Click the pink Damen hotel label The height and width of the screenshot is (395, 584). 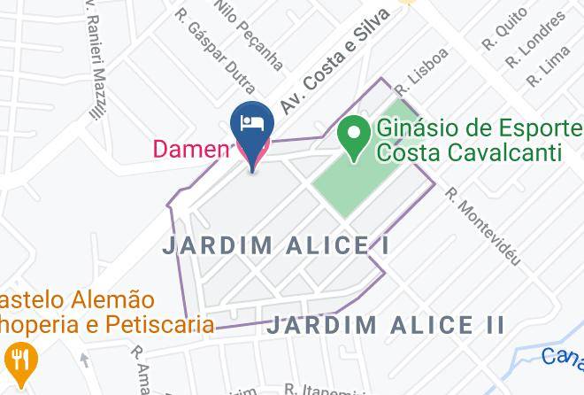190,148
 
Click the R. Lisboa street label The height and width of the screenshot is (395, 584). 422,71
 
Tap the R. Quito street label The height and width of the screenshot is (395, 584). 505,29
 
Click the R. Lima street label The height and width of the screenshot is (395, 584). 547,66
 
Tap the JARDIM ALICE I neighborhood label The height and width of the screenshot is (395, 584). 276,245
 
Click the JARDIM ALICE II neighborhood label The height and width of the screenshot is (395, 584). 386,324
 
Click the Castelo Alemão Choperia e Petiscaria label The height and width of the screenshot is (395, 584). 97,312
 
